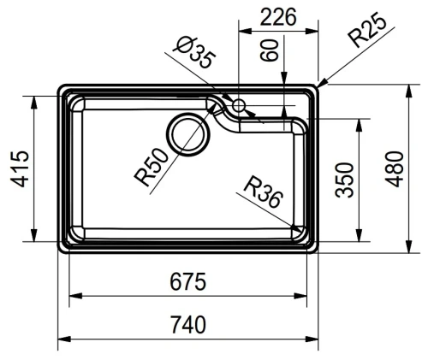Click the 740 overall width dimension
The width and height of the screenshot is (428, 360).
pos(188,325)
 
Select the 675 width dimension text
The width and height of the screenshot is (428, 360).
pos(187,281)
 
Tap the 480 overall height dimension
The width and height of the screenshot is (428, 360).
pos(395,169)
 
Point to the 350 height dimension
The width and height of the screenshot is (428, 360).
pos(344,180)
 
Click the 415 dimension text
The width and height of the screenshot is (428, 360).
pos(20,168)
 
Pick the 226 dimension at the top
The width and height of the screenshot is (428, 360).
pos(278,17)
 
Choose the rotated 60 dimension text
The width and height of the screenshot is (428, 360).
pos(269,50)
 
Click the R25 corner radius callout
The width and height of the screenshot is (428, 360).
pos(367,29)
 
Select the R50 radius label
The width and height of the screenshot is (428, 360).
pos(152,167)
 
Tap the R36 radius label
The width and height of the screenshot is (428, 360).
pos(263,192)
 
